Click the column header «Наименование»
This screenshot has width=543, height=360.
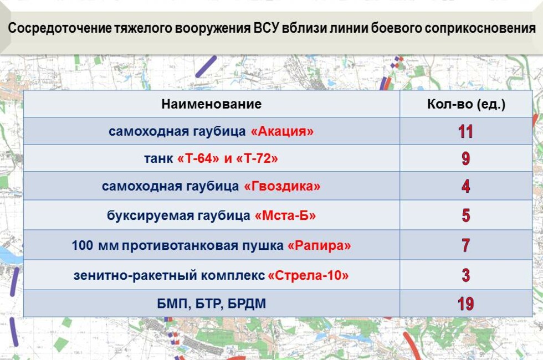[x=211, y=104]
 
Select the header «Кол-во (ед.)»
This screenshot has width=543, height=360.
[x=466, y=104]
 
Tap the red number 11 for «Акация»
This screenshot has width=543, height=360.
[x=465, y=132]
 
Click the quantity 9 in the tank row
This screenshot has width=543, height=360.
[x=465, y=159]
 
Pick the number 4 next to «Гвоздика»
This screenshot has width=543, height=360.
[x=465, y=186]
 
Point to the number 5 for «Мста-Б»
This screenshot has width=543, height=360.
[x=465, y=215]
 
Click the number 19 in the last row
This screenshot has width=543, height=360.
[x=465, y=304]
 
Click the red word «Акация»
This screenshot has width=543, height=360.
[x=282, y=132]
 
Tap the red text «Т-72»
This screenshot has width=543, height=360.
[x=257, y=159]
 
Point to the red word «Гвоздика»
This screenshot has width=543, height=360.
[x=282, y=186]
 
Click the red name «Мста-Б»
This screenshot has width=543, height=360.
[x=285, y=215]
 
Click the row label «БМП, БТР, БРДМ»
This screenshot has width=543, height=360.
[x=211, y=304]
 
